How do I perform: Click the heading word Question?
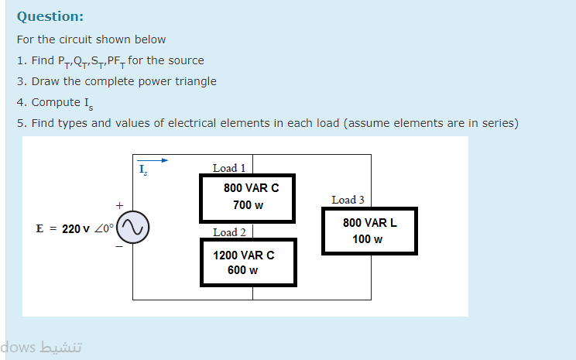click(x=50, y=16)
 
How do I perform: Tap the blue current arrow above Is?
click(x=153, y=161)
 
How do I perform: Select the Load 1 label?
click(x=229, y=168)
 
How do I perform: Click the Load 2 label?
click(x=229, y=232)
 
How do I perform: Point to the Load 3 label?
click(x=348, y=200)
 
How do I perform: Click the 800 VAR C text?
click(x=251, y=188)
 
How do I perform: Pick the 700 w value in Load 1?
click(x=248, y=205)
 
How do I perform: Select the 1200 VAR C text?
click(x=244, y=255)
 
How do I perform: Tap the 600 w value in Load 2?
click(x=242, y=270)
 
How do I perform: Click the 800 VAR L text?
click(x=370, y=223)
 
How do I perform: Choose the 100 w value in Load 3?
click(x=367, y=238)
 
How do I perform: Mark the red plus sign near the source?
click(x=119, y=206)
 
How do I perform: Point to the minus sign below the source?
click(x=119, y=248)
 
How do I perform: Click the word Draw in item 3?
click(x=45, y=81)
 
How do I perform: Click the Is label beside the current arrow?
click(x=142, y=170)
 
